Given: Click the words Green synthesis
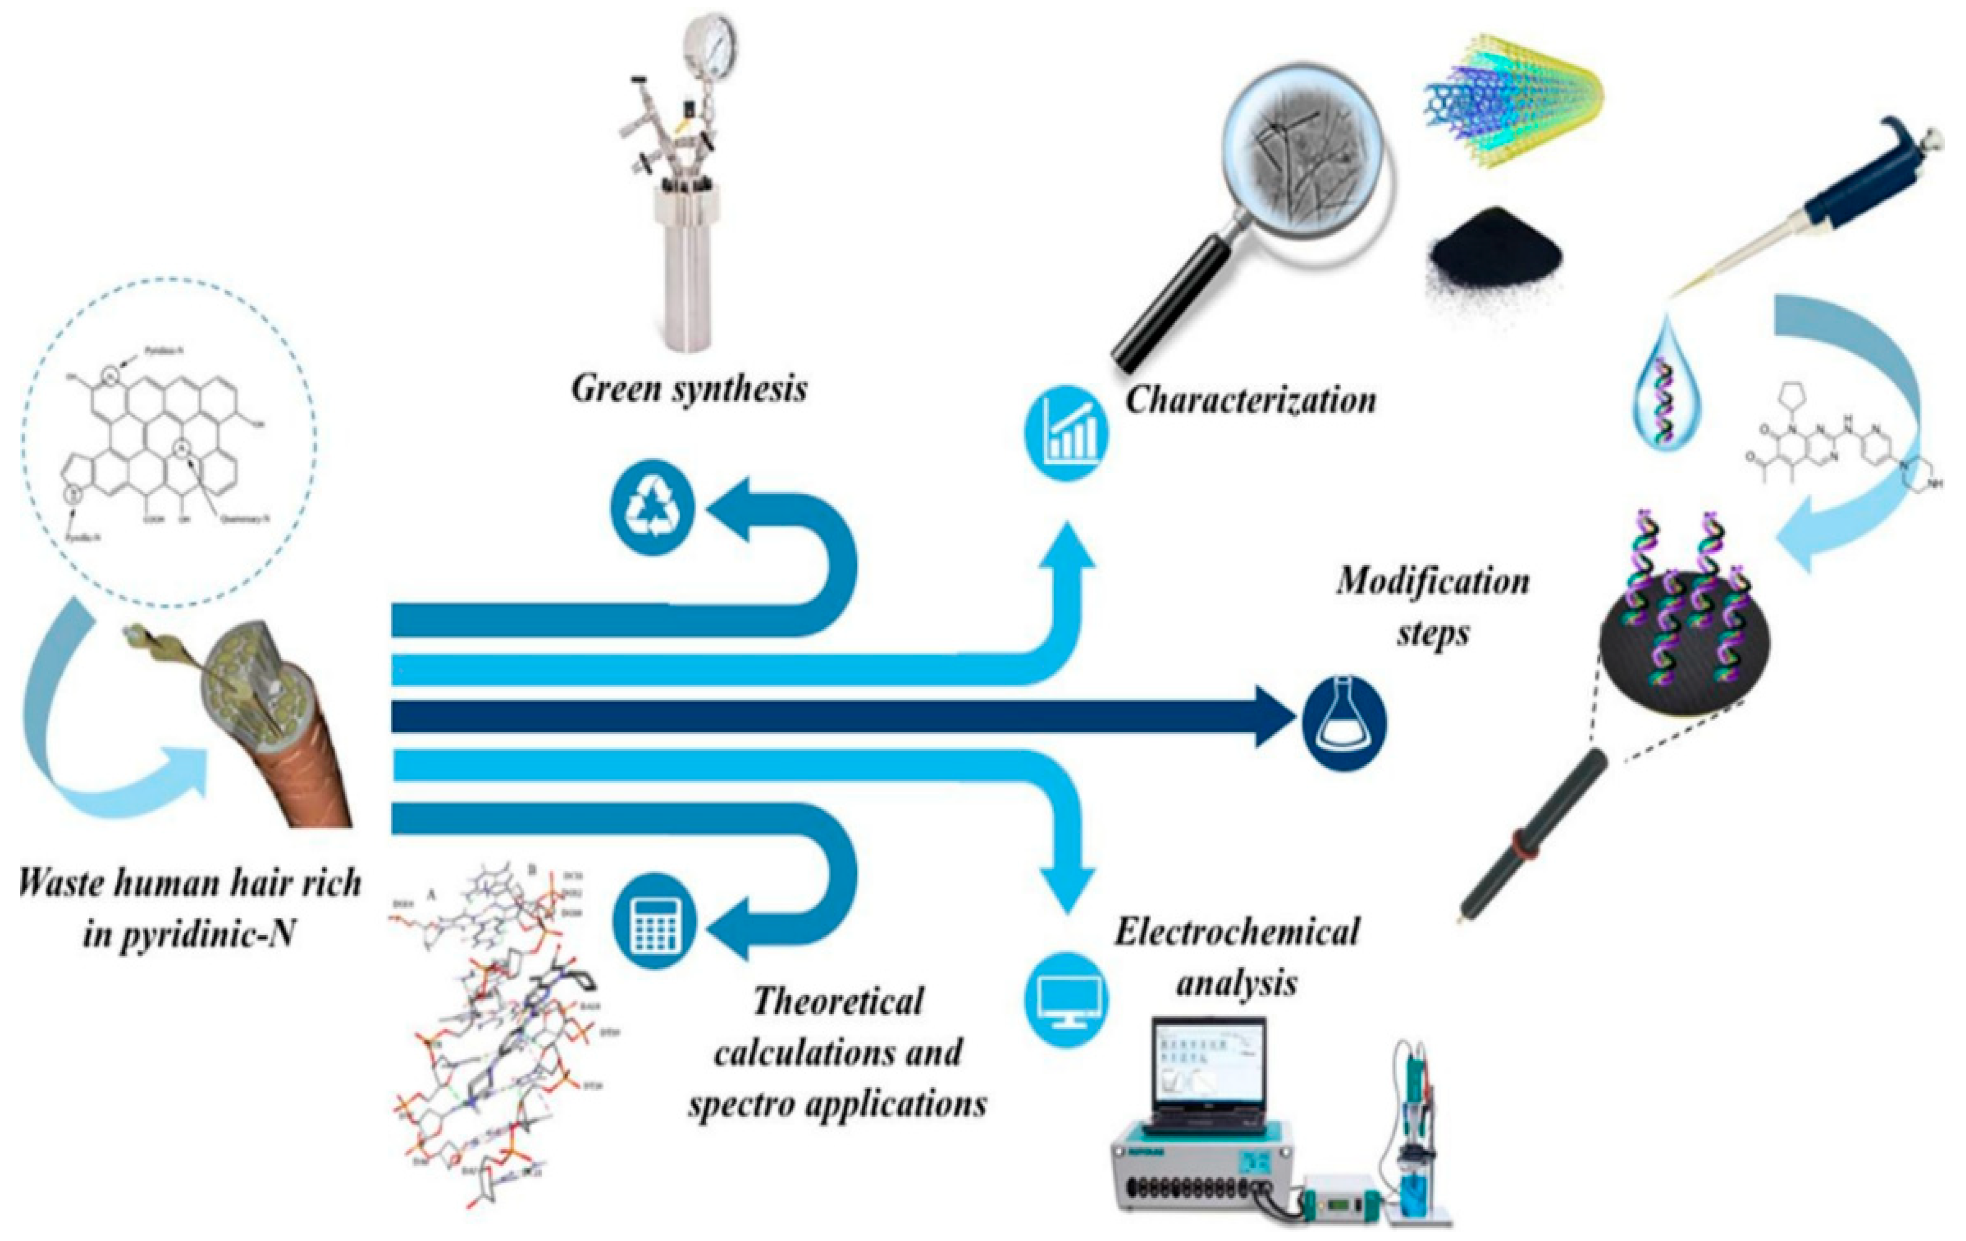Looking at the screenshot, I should coord(688,389).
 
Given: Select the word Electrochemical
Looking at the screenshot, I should coord(1237,932).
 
